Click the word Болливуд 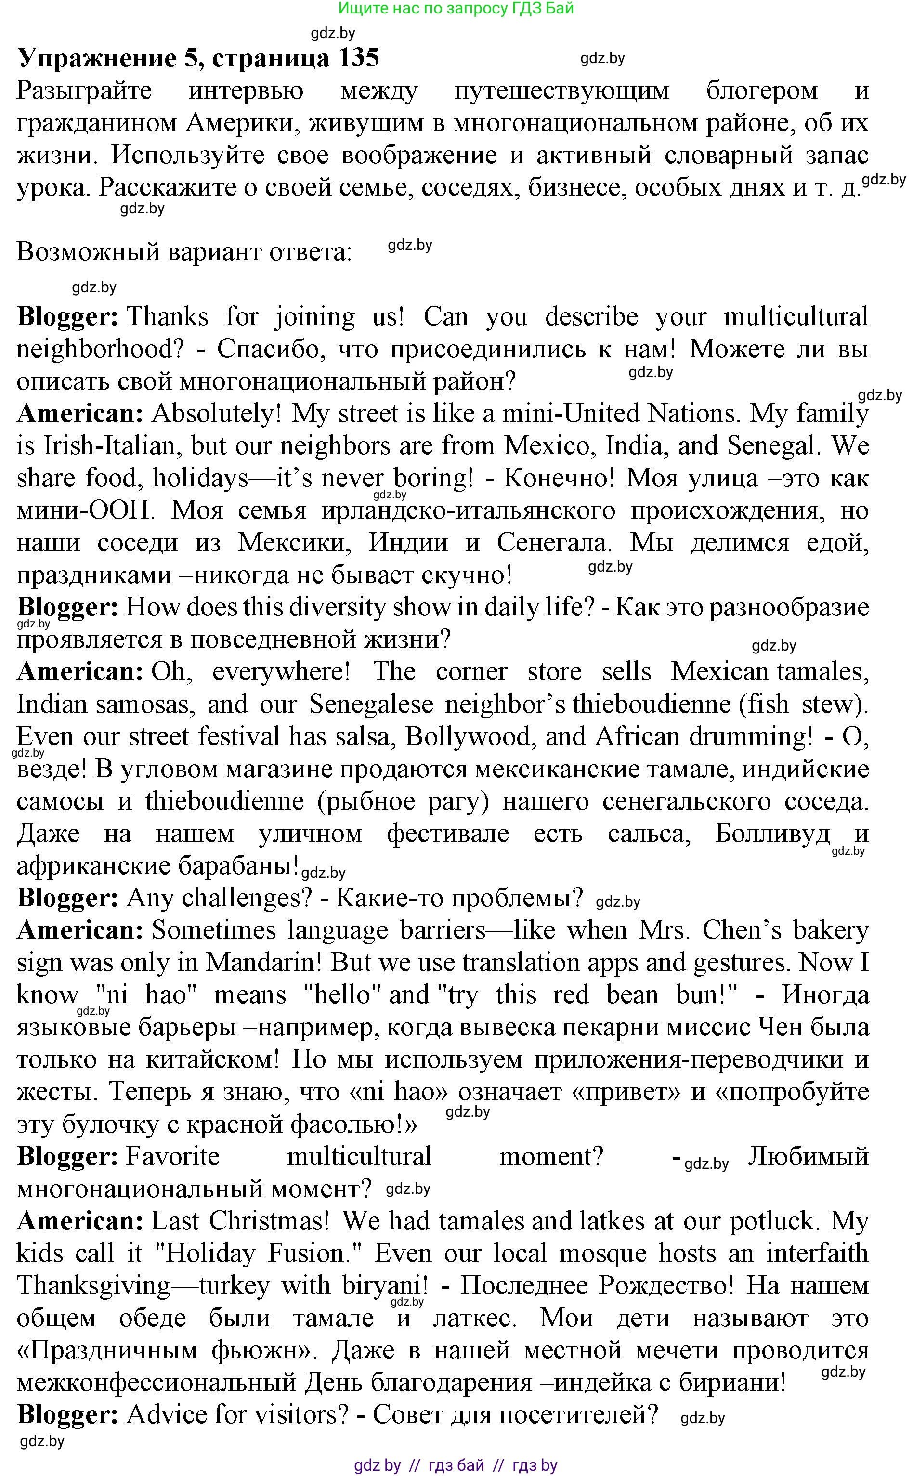pyautogui.click(x=772, y=834)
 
